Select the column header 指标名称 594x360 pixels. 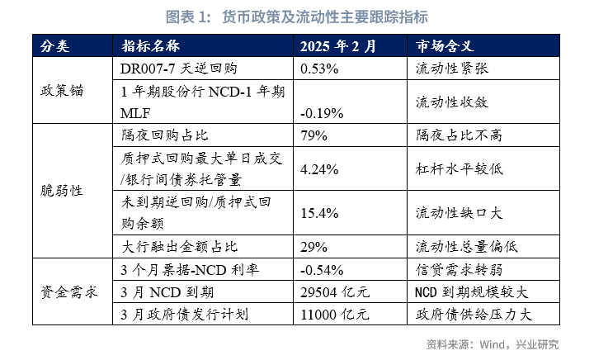tap(151, 45)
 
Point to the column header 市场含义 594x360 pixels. tap(445, 45)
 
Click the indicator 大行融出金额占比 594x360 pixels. tap(179, 246)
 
